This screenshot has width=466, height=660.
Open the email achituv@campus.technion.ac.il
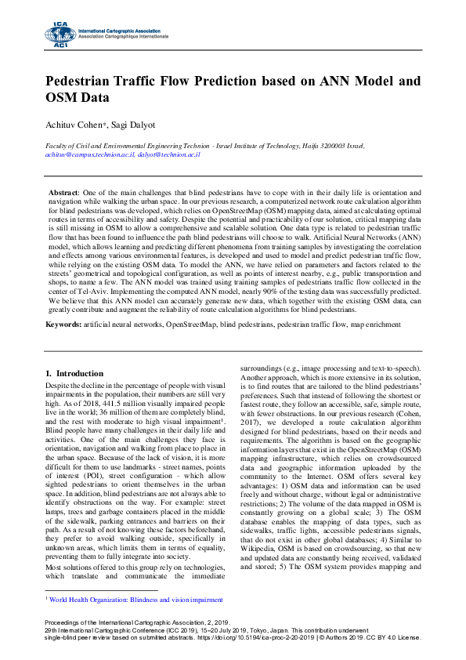(x=89, y=154)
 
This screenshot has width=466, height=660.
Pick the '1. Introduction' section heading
(x=75, y=373)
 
